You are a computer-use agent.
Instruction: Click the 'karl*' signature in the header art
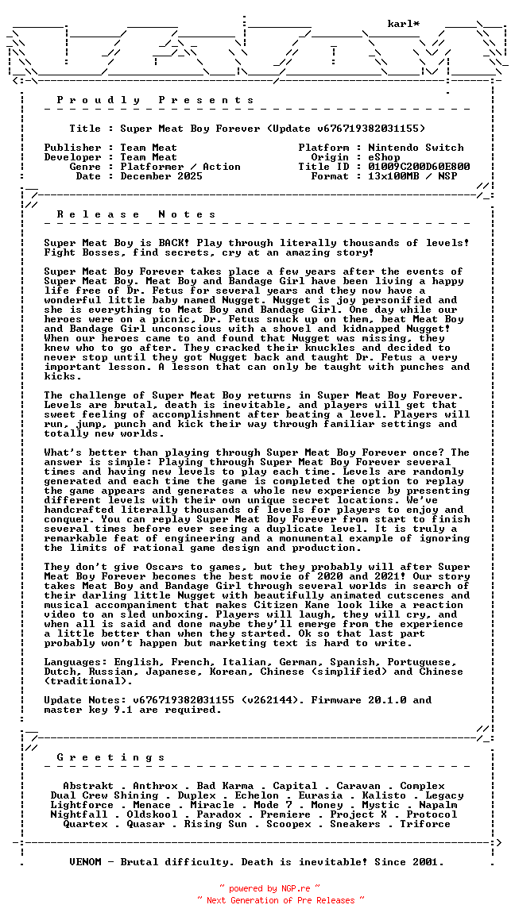pyautogui.click(x=404, y=24)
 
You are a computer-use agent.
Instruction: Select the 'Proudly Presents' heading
pyautogui.click(x=155, y=100)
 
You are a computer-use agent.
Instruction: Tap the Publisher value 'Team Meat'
pyautogui.click(x=149, y=148)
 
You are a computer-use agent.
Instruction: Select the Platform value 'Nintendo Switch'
pyautogui.click(x=416, y=148)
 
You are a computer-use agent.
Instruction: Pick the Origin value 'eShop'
pyautogui.click(x=385, y=157)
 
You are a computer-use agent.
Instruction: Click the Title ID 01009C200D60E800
pyautogui.click(x=419, y=167)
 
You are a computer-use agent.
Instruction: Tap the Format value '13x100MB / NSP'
pyautogui.click(x=412, y=176)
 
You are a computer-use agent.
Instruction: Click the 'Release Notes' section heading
pyautogui.click(x=136, y=214)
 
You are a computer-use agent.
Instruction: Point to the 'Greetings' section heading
pyautogui.click(x=110, y=757)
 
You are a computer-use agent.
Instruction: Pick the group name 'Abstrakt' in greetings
pyautogui.click(x=88, y=786)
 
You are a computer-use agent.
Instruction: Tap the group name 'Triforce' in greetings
pyautogui.click(x=425, y=824)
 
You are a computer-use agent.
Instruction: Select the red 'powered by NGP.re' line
pyautogui.click(x=269, y=889)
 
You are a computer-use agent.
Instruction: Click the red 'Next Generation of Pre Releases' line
pyautogui.click(x=281, y=900)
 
